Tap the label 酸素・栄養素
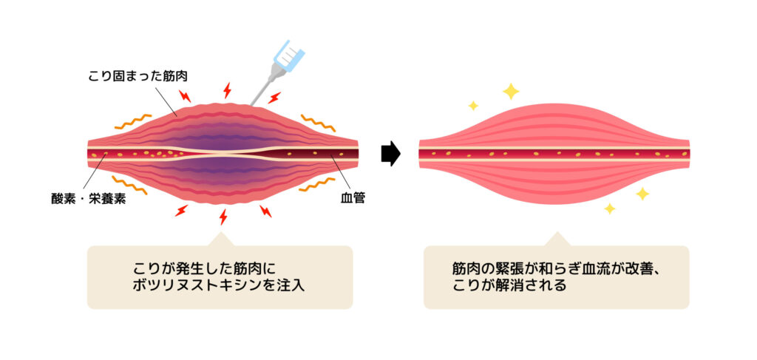[89, 199]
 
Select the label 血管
[353, 198]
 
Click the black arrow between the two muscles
[391, 154]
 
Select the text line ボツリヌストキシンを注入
[219, 285]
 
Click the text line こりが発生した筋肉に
[206, 267]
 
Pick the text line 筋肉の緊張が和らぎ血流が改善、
[556, 268]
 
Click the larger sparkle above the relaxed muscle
[511, 91]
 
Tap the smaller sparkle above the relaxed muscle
[473, 105]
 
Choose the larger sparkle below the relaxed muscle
[642, 194]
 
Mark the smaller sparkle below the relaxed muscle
[610, 208]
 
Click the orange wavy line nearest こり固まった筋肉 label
[133, 122]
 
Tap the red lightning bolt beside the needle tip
[274, 98]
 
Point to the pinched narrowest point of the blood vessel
[226, 153]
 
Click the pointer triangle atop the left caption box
[220, 239]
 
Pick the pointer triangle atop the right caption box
[557, 239]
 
